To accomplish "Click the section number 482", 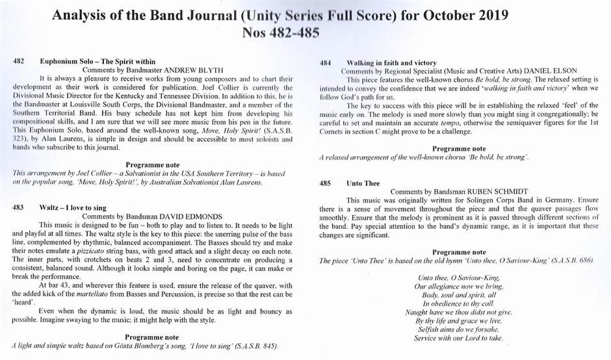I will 19,60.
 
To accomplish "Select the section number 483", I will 19,207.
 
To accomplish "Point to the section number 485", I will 326,183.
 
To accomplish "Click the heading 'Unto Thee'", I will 363,183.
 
